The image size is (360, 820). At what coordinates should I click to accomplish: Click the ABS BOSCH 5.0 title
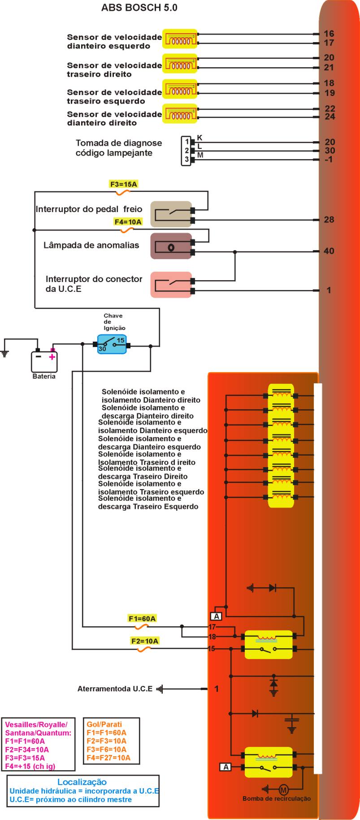click(139, 8)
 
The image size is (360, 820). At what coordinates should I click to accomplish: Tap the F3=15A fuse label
click(123, 184)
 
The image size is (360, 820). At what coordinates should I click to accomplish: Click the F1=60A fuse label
click(142, 619)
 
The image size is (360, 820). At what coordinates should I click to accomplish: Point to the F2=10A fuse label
click(145, 641)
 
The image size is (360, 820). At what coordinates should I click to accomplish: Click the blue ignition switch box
click(112, 344)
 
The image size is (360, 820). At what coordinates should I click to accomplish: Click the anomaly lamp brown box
click(171, 246)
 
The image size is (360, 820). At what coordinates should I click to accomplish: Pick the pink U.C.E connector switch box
click(171, 284)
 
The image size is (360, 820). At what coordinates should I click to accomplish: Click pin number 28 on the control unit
click(329, 220)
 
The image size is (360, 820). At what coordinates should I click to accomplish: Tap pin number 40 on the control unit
click(329, 251)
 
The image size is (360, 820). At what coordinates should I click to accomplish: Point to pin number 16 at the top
click(329, 34)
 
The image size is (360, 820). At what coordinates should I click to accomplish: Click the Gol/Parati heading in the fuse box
click(104, 724)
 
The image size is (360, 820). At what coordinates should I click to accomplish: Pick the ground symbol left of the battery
click(5, 354)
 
